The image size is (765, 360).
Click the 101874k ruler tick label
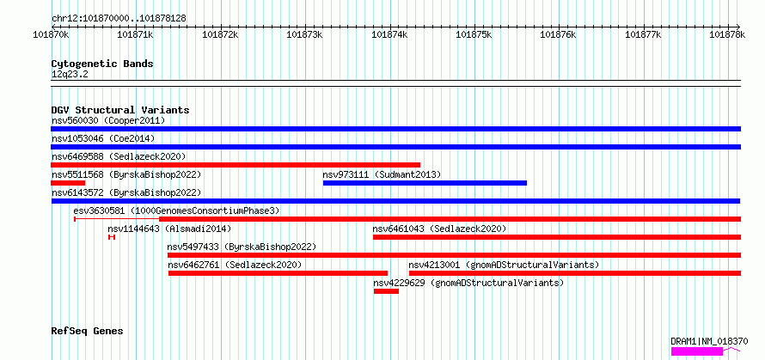pyautogui.click(x=389, y=34)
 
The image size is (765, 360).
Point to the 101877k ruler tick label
pyautogui.click(x=643, y=34)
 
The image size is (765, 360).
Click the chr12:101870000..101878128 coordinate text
pyautogui.click(x=119, y=18)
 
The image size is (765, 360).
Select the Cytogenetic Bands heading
pyautogui.click(x=102, y=64)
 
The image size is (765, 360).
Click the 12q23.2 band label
pyautogui.click(x=70, y=75)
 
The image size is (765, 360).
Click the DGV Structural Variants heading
pyautogui.click(x=120, y=110)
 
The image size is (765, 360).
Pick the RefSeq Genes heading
pyautogui.click(x=87, y=332)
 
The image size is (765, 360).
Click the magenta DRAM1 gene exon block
pyautogui.click(x=697, y=351)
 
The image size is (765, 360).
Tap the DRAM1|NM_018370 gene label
pyautogui.click(x=709, y=341)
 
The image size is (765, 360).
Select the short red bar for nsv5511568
pyautogui.click(x=68, y=183)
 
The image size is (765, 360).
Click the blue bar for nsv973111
pyautogui.click(x=425, y=183)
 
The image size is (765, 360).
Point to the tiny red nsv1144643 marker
pyautogui.click(x=112, y=237)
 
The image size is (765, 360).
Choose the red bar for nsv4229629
pyautogui.click(x=387, y=291)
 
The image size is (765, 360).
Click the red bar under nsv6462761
pyautogui.click(x=278, y=273)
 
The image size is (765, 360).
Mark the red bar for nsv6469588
pyautogui.click(x=236, y=165)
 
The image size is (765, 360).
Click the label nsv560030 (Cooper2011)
pyautogui.click(x=108, y=120)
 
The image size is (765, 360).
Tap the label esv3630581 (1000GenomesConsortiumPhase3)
pyautogui.click(x=176, y=211)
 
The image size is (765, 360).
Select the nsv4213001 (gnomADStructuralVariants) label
pyautogui.click(x=504, y=265)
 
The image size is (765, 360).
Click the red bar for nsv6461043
pyautogui.click(x=557, y=237)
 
